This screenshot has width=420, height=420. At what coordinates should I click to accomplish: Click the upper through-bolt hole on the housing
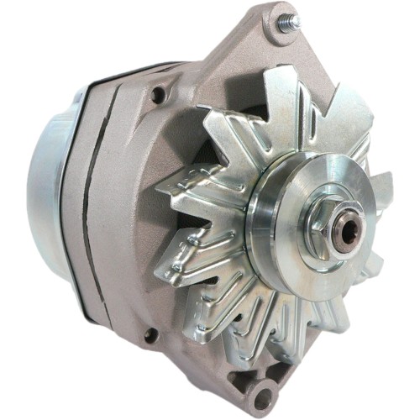pyautogui.click(x=157, y=97)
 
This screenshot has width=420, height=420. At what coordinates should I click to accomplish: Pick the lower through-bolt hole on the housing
pyautogui.click(x=150, y=335)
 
